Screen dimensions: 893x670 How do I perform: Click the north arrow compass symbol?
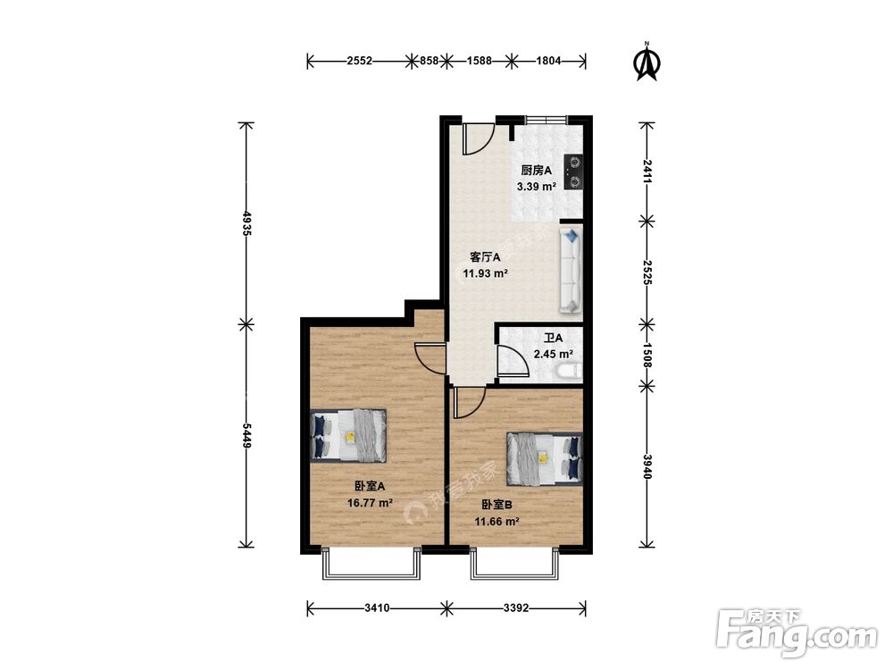tap(647, 62)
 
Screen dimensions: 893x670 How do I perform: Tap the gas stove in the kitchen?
tap(573, 172)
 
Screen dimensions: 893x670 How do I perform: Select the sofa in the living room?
tap(570, 270)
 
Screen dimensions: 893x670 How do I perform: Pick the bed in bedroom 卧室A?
tap(348, 435)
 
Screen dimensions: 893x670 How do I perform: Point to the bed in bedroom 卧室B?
tap(545, 458)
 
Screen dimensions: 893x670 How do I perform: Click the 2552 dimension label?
tap(359, 61)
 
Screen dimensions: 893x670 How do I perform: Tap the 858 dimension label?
tap(429, 61)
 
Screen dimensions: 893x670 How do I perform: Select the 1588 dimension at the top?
tap(479, 61)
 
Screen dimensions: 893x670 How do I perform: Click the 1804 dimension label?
tap(548, 61)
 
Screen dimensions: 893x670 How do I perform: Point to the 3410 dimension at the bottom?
tap(377, 607)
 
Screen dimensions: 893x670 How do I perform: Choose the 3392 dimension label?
tap(516, 607)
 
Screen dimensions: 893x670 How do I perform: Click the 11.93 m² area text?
tap(485, 273)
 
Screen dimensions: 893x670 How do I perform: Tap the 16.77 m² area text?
tap(371, 503)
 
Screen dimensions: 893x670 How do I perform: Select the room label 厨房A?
tap(537, 171)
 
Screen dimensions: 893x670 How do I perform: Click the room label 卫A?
tap(553, 338)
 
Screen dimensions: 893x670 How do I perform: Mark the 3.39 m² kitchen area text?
tap(537, 187)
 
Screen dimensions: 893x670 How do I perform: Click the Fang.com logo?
tap(797, 632)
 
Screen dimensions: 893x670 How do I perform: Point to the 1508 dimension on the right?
tap(647, 355)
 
